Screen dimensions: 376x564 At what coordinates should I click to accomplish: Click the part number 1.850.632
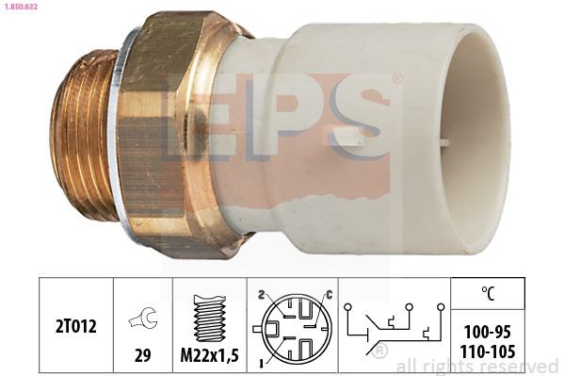click(x=21, y=7)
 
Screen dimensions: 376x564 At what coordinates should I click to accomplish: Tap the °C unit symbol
click(x=488, y=293)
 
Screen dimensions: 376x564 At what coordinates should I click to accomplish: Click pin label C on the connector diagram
click(x=330, y=296)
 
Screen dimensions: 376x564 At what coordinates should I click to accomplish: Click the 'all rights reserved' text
click(x=477, y=366)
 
